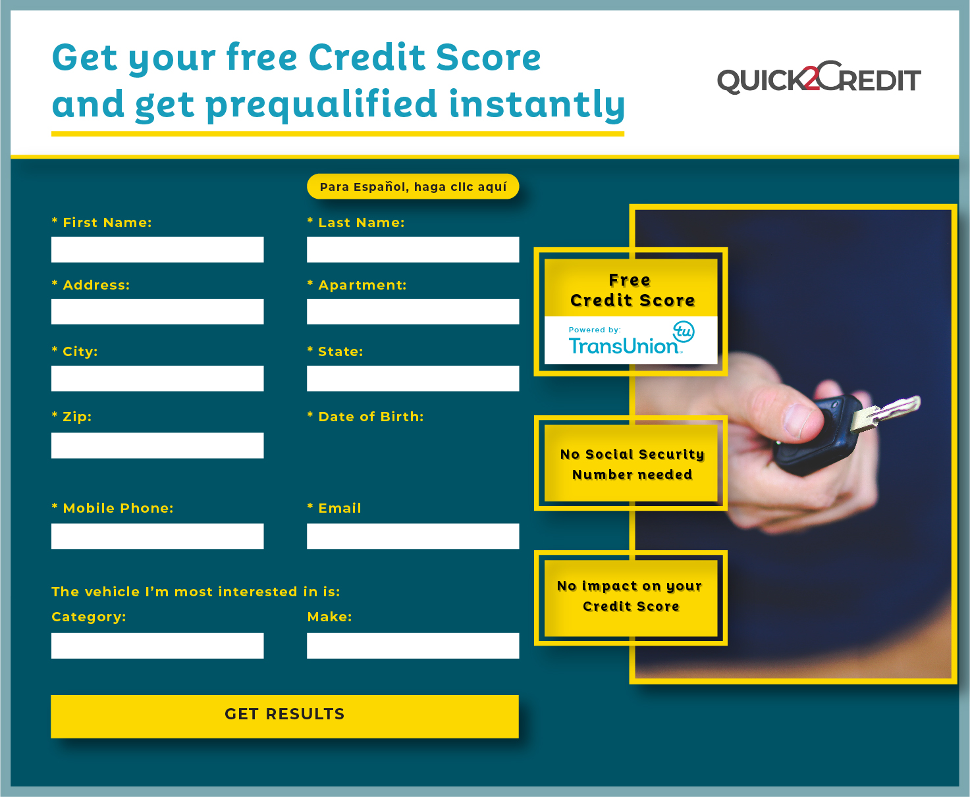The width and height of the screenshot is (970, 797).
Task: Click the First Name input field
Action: point(157,249)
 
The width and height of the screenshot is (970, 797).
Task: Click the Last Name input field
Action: point(413,249)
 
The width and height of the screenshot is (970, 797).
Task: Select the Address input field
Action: point(157,311)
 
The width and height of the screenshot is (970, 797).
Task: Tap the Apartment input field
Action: point(413,311)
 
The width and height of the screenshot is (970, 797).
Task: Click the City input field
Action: point(157,378)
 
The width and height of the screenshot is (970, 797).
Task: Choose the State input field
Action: point(413,378)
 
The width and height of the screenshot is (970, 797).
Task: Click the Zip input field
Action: point(157,446)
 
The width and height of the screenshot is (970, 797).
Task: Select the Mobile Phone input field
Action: point(157,536)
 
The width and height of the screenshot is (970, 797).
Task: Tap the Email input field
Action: point(413,536)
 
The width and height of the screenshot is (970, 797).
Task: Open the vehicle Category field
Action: point(157,646)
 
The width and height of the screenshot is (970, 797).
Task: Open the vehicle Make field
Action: point(413,646)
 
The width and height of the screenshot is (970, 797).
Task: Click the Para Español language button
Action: point(413,187)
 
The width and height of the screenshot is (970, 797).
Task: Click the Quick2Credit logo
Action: point(819,78)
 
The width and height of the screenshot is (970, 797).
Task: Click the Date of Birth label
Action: point(371,417)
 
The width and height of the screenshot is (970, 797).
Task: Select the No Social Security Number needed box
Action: point(631,464)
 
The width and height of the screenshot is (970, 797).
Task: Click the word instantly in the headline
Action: point(536,105)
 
